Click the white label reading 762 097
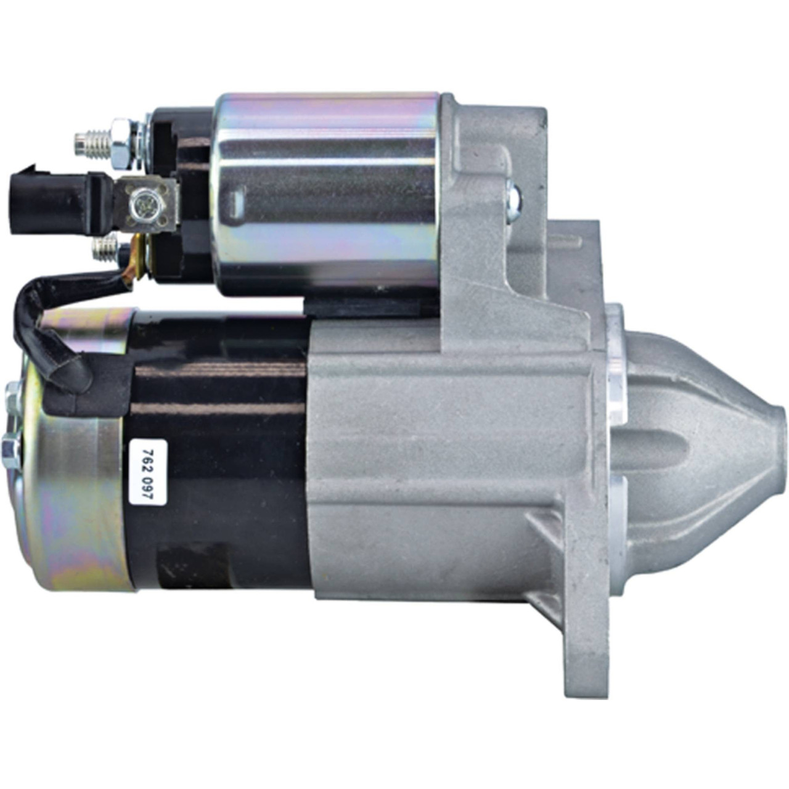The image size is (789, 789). pyautogui.click(x=148, y=473)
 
